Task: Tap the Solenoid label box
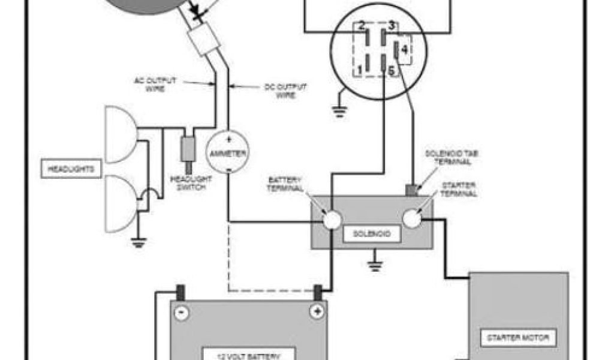coord(372,234)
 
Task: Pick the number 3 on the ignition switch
coord(391,26)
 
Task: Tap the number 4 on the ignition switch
coord(404,50)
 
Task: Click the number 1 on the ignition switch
coord(360,71)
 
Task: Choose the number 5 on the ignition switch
coord(391,71)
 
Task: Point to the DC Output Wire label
coord(285,90)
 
